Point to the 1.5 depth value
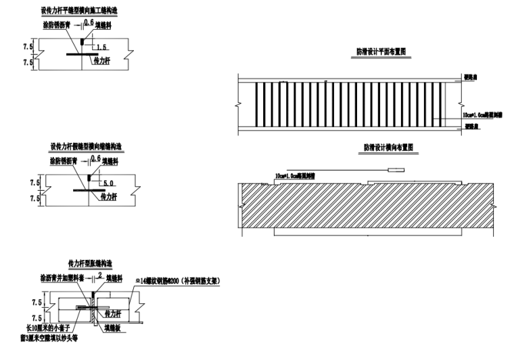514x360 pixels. tap(101, 47)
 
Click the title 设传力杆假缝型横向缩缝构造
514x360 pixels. tap(85, 147)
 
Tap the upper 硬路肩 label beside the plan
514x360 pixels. tap(471, 76)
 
